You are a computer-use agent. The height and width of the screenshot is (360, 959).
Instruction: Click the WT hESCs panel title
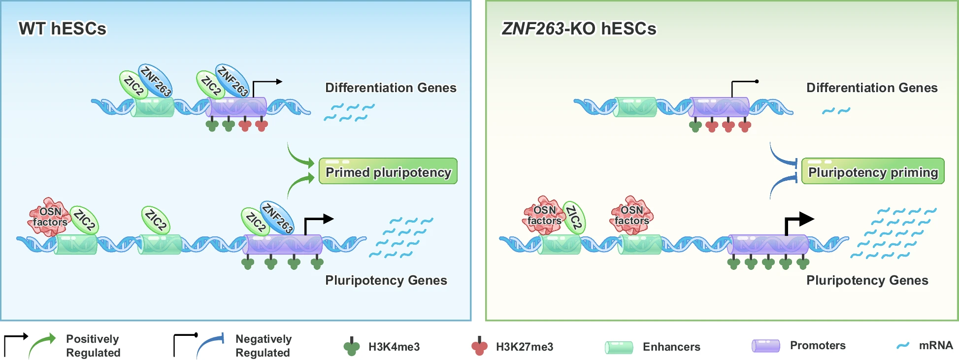tap(63, 29)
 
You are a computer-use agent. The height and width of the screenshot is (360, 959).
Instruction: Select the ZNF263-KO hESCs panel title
tap(579, 29)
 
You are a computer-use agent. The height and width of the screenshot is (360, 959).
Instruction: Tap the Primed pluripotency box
tap(388, 171)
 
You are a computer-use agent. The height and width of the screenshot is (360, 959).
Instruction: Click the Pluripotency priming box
tap(873, 171)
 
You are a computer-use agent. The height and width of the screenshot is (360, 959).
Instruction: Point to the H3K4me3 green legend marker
tap(351, 347)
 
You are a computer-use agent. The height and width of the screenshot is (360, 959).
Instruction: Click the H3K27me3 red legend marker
tap(479, 347)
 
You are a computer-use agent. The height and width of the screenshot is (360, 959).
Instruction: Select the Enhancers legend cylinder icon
tap(619, 347)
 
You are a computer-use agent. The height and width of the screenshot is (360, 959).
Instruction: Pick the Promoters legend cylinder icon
tap(765, 346)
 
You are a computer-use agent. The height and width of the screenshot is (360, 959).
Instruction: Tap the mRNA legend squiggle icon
tap(903, 345)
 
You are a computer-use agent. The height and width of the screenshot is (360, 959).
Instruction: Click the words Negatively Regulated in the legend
tap(264, 346)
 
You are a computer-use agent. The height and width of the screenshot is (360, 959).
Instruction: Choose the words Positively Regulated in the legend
tap(93, 346)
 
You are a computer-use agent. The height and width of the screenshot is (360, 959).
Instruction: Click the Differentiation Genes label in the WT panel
tap(391, 88)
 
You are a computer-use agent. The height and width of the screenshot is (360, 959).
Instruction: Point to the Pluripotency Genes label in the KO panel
tap(867, 280)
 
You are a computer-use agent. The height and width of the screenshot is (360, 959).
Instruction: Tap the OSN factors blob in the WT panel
tap(49, 217)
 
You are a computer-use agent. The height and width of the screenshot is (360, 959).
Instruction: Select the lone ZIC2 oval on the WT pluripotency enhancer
tap(156, 220)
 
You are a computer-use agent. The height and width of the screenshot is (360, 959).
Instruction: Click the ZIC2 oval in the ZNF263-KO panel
tap(574, 217)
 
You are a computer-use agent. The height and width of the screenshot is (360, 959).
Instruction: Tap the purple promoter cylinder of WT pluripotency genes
tap(283, 244)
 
